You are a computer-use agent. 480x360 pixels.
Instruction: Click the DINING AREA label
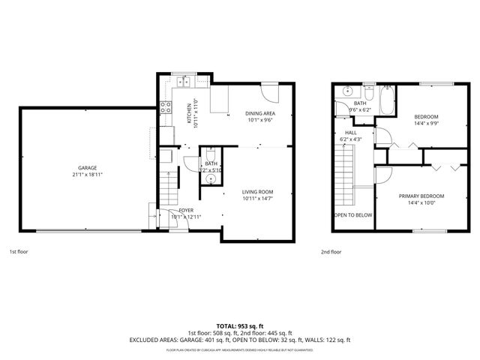tap(259, 113)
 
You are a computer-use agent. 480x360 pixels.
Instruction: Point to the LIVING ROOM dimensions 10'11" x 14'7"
tap(258, 198)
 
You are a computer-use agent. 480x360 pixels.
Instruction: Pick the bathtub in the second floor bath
tap(387, 100)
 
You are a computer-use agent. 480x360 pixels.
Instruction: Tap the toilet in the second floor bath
tap(368, 94)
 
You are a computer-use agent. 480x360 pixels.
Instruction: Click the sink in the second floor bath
tap(347, 92)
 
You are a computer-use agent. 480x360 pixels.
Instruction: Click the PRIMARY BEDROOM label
tap(425, 196)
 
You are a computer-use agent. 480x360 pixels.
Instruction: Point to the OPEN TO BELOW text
tap(352, 215)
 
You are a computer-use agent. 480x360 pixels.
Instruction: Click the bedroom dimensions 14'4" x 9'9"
tap(425, 123)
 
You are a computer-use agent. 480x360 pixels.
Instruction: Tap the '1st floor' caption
tap(19, 252)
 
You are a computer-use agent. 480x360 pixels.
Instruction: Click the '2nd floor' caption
tap(331, 252)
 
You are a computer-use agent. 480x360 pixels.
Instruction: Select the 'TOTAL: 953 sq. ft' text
tap(239, 325)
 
